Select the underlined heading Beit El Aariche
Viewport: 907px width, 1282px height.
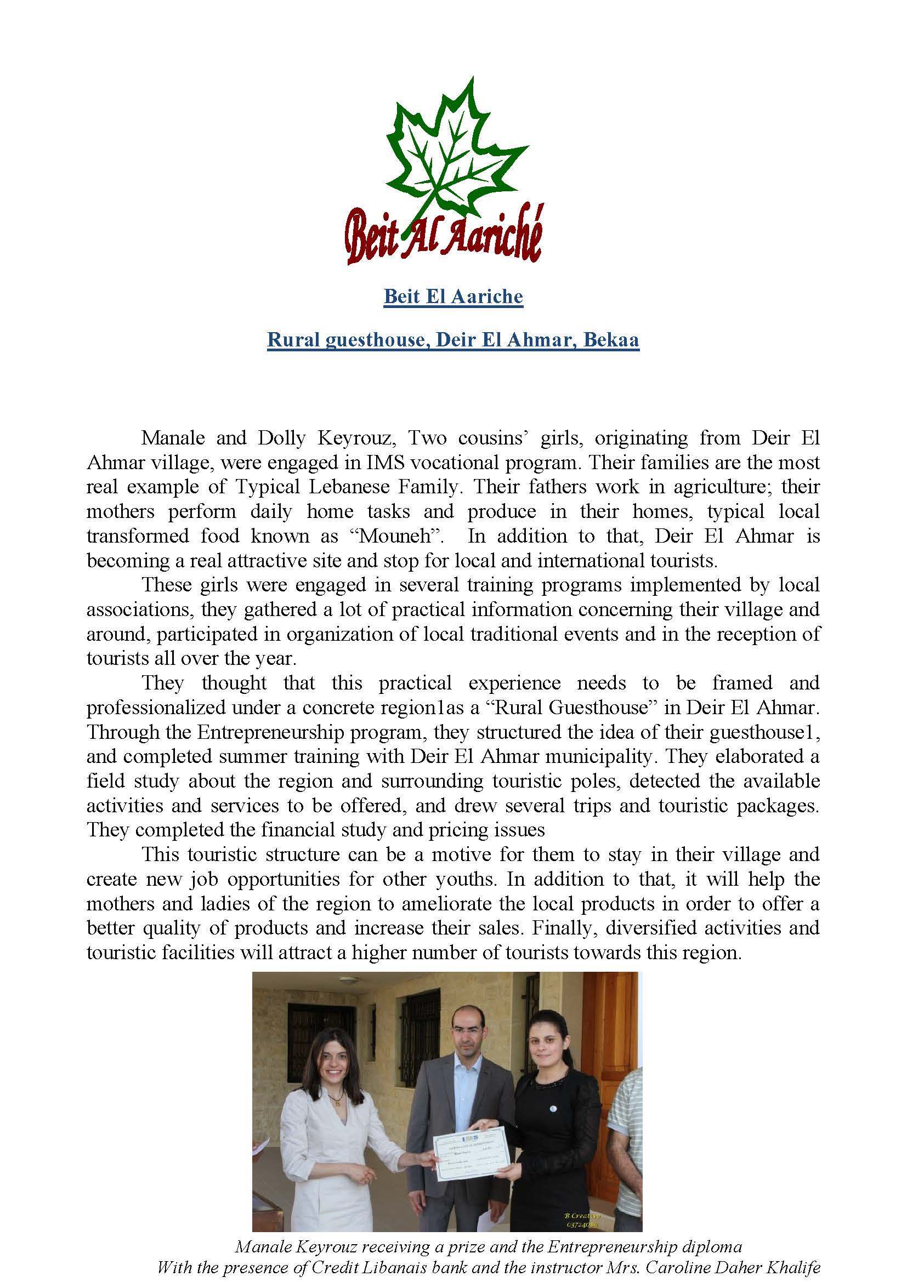[453, 296]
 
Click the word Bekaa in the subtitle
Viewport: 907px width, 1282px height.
[611, 339]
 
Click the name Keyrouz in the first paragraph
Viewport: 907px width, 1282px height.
[356, 438]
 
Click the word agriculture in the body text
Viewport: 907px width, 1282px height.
[723, 487]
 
